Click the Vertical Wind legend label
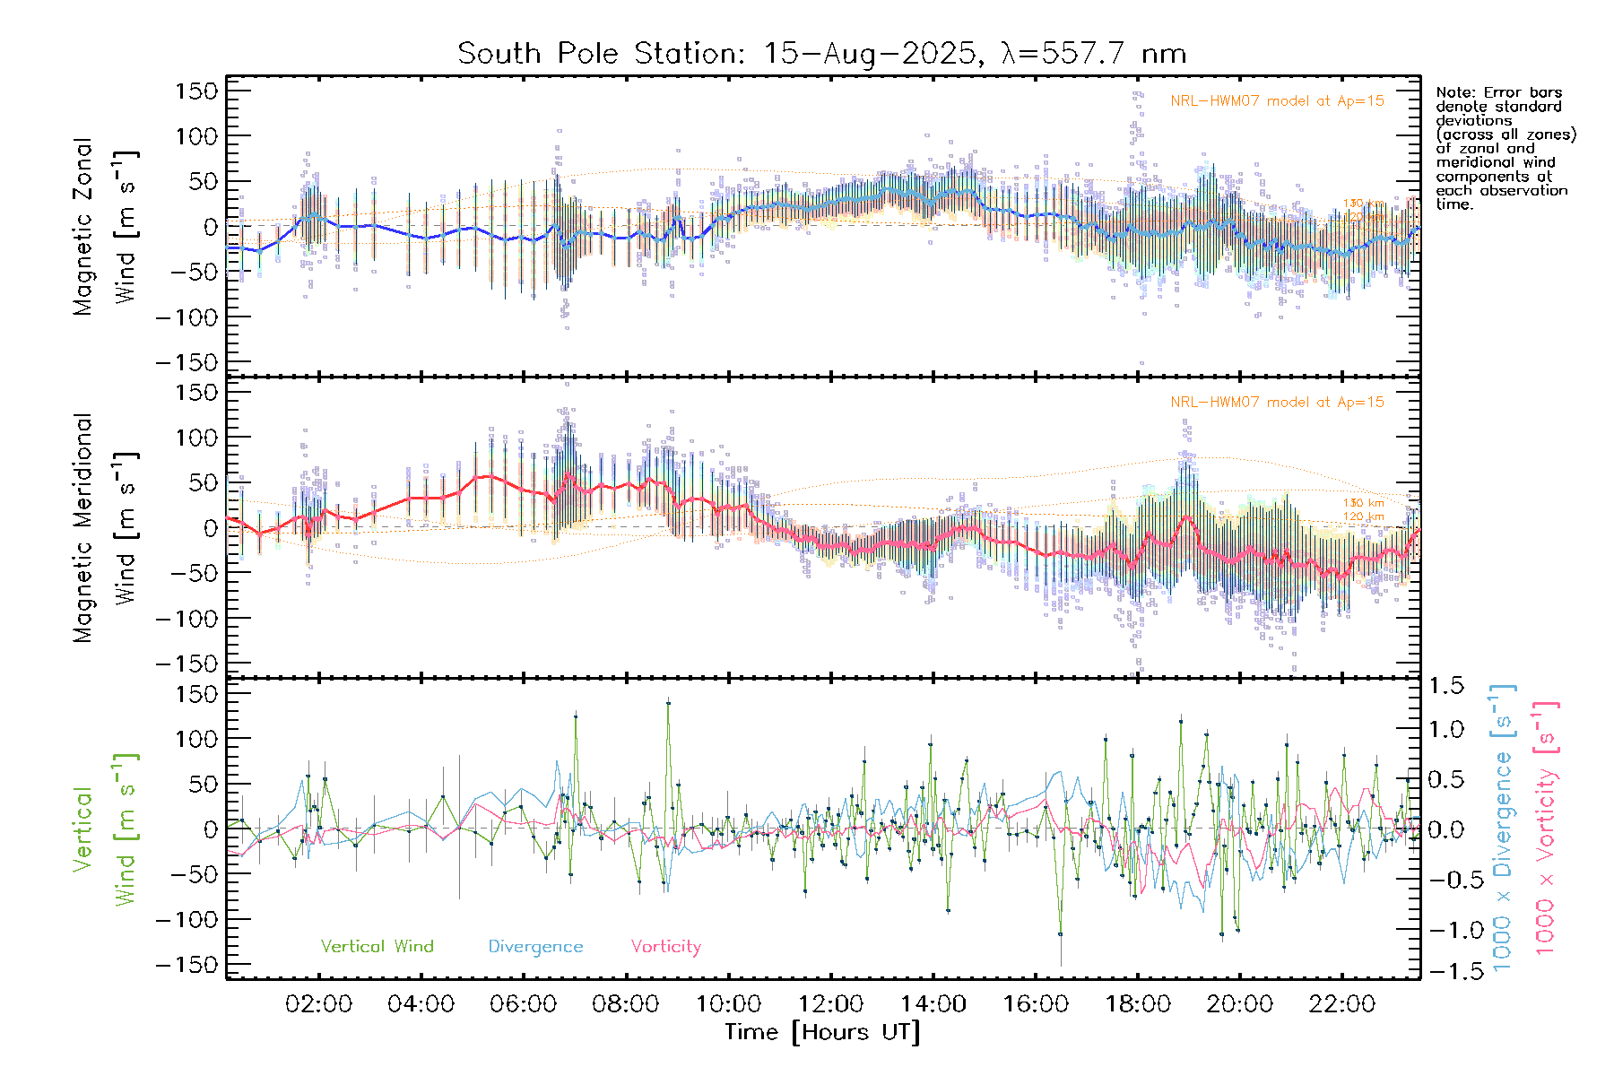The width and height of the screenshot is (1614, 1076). pyautogui.click(x=377, y=947)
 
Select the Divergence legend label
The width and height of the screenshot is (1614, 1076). pyautogui.click(x=535, y=947)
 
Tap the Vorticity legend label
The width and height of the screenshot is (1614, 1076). pyautogui.click(x=665, y=947)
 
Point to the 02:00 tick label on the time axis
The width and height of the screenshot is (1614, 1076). pyautogui.click(x=318, y=1004)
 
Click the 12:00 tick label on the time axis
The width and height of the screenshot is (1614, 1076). pyautogui.click(x=830, y=1004)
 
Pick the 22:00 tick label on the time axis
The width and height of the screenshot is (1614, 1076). pyautogui.click(x=1341, y=1004)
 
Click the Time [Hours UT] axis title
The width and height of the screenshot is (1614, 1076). pyautogui.click(x=822, y=1032)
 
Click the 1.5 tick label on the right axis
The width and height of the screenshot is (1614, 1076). pyautogui.click(x=1445, y=686)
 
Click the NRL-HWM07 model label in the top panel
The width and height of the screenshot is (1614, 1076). pyautogui.click(x=1277, y=101)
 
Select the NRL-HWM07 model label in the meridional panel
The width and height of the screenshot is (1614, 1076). pyautogui.click(x=1277, y=403)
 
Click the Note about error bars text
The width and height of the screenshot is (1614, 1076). pyautogui.click(x=1505, y=148)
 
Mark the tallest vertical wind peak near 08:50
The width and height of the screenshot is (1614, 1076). pyautogui.click(x=668, y=703)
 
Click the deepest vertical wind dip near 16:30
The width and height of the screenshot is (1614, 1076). pyautogui.click(x=1061, y=934)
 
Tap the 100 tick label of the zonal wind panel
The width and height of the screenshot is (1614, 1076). pyautogui.click(x=196, y=136)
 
